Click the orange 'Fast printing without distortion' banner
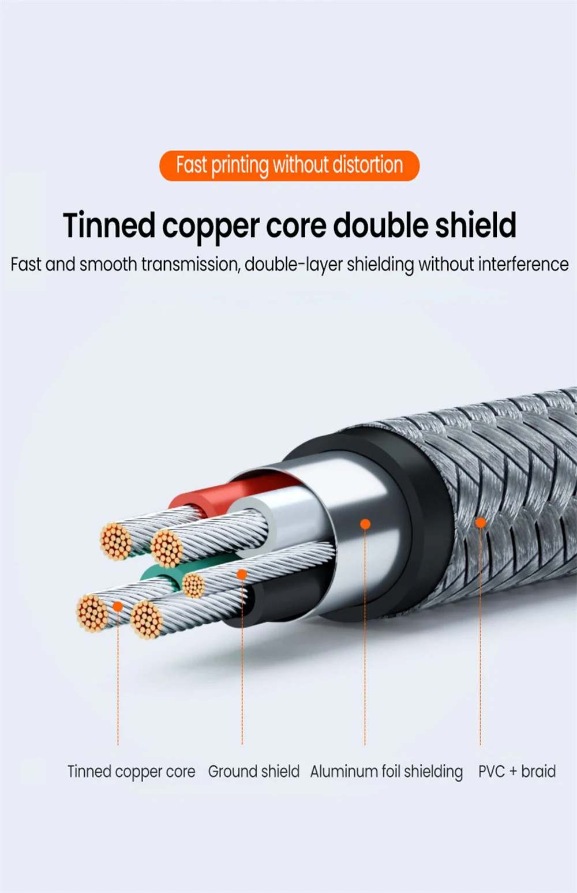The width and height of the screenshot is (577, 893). [289, 166]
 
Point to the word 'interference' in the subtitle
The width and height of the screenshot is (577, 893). [523, 265]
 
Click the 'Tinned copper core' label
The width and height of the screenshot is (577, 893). [131, 772]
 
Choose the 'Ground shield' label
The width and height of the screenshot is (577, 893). [253, 772]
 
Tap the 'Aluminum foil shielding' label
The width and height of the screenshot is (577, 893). [386, 772]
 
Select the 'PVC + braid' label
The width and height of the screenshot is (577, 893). [516, 772]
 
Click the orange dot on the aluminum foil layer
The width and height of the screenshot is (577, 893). [365, 524]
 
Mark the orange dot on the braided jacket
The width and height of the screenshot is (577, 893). [480, 523]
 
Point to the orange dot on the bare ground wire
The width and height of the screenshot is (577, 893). [242, 575]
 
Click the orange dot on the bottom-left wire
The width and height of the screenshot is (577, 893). [117, 606]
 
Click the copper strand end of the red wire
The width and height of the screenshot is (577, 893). [115, 541]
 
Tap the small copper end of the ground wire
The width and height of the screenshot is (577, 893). [193, 586]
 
